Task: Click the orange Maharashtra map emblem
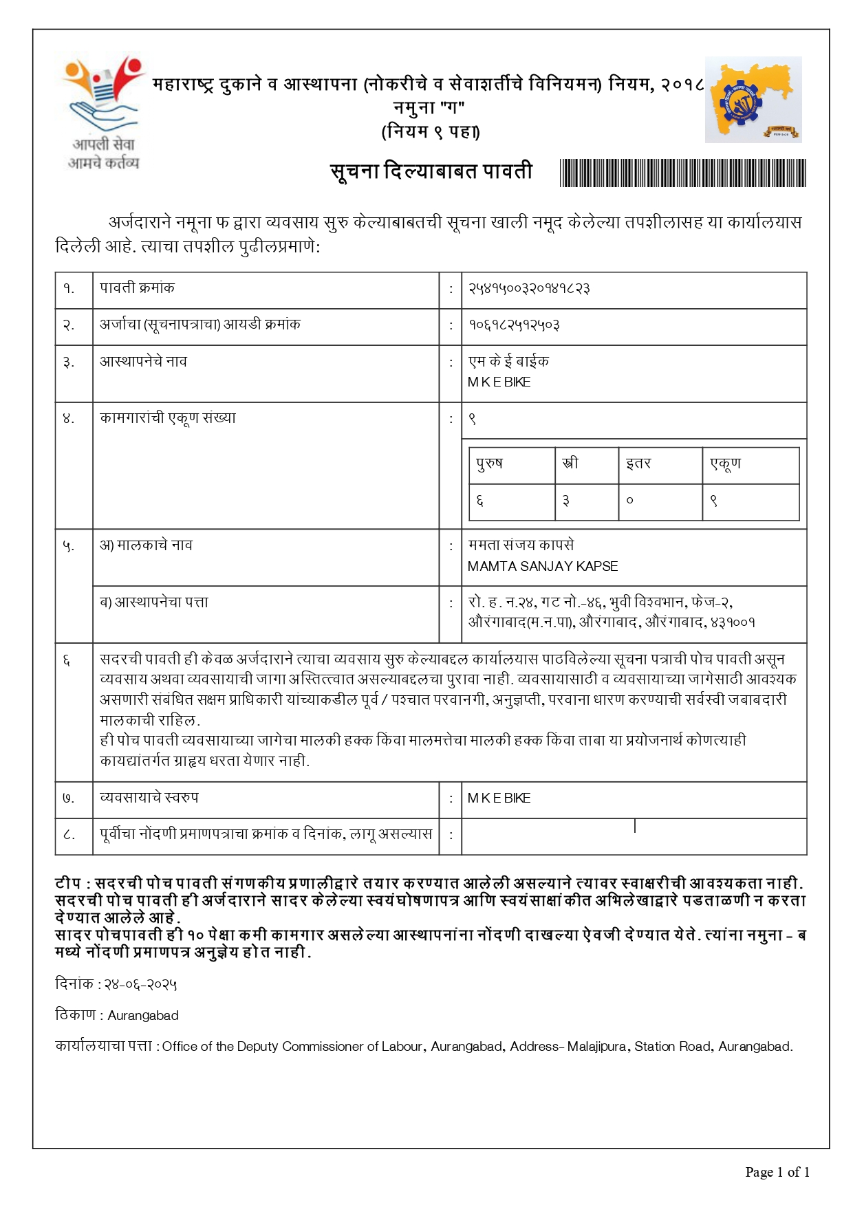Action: click(753, 100)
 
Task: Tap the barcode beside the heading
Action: click(682, 173)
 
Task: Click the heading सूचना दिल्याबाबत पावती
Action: click(431, 171)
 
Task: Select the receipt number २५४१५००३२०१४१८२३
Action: click(528, 289)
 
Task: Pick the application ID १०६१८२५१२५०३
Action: click(514, 325)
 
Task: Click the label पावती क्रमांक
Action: click(137, 288)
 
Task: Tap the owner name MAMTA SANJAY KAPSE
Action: click(542, 567)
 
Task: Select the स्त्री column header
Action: click(570, 464)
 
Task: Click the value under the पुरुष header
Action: click(479, 501)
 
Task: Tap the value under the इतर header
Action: click(629, 501)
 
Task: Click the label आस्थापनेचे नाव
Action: click(143, 362)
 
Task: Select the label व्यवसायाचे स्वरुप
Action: click(149, 798)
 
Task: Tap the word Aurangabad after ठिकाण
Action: click(143, 1016)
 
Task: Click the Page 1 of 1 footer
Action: click(777, 1173)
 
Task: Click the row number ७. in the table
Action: click(68, 798)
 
